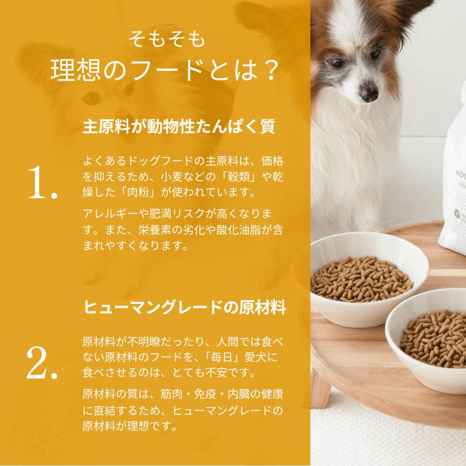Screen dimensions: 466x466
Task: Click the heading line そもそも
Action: coord(166,41)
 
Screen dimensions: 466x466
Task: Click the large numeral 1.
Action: coord(42,184)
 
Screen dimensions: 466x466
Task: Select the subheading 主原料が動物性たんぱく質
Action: coord(180,126)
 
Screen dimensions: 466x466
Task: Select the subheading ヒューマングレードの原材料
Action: coord(184,308)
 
